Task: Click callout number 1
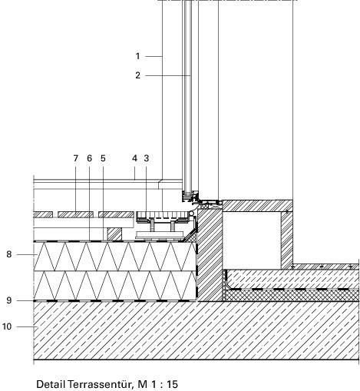(137, 56)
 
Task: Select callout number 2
(138, 75)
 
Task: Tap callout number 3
(146, 158)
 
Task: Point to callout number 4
(134, 158)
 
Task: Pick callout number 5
(103, 158)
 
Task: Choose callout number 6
(89, 158)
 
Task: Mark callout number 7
(75, 158)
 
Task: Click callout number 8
(9, 254)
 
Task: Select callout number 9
(9, 300)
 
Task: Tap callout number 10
(7, 326)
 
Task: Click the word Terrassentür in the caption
(101, 384)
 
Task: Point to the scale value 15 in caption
(172, 384)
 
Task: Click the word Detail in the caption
(51, 384)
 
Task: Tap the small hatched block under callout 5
(114, 234)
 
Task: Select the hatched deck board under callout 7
(75, 214)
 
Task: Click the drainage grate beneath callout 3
(163, 215)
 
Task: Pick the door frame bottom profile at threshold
(190, 197)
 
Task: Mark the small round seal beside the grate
(191, 213)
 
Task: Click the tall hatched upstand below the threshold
(210, 255)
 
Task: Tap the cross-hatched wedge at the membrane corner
(190, 237)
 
